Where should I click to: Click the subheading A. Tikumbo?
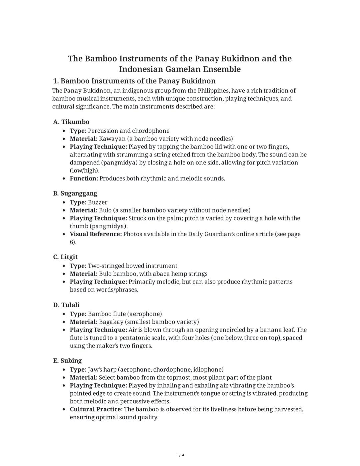pos(71,122)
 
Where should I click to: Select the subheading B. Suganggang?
pos(75,193)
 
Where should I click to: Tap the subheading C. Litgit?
pos(65,257)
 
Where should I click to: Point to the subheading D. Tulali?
pos(66,305)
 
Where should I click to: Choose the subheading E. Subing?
pos(67,361)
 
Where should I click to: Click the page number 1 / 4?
pos(180,455)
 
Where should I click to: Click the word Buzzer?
pos(98,202)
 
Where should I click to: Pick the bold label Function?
pos(84,178)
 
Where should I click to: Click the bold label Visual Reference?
pos(96,234)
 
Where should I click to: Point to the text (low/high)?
pos(85,170)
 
